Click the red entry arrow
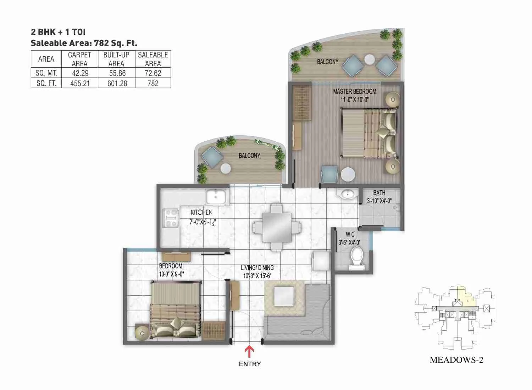250,352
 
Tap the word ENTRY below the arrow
250,364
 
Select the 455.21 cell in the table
80,83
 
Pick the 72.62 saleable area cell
153,73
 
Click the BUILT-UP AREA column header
116,59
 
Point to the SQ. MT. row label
46,73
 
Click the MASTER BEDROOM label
354,91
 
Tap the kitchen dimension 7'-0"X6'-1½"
202,223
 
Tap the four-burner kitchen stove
170,218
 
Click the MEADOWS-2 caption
456,360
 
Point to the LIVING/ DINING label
257,268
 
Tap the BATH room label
379,193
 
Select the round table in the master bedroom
348,175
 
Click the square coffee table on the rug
284,296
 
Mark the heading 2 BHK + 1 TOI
58,32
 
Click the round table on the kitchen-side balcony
226,169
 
